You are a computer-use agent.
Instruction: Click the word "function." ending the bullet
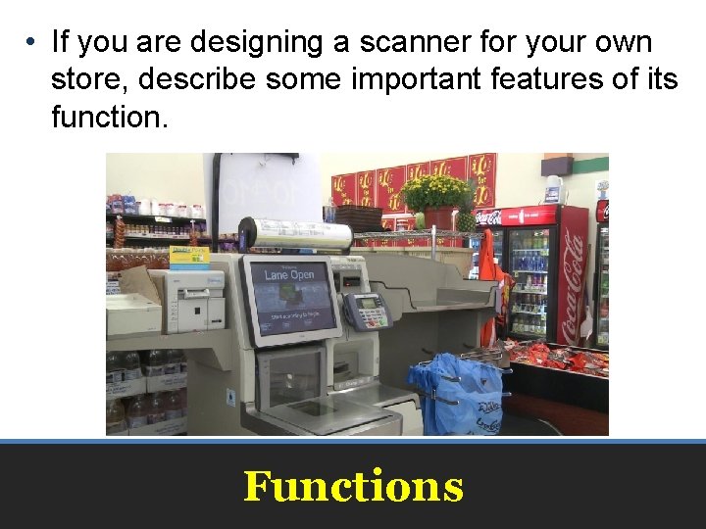pos(110,117)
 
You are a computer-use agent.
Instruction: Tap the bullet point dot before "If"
pos(32,43)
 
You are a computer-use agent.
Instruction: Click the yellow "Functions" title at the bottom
pos(353,486)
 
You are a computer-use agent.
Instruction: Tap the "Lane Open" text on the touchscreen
pos(288,274)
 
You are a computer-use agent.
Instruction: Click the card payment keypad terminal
pos(367,311)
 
